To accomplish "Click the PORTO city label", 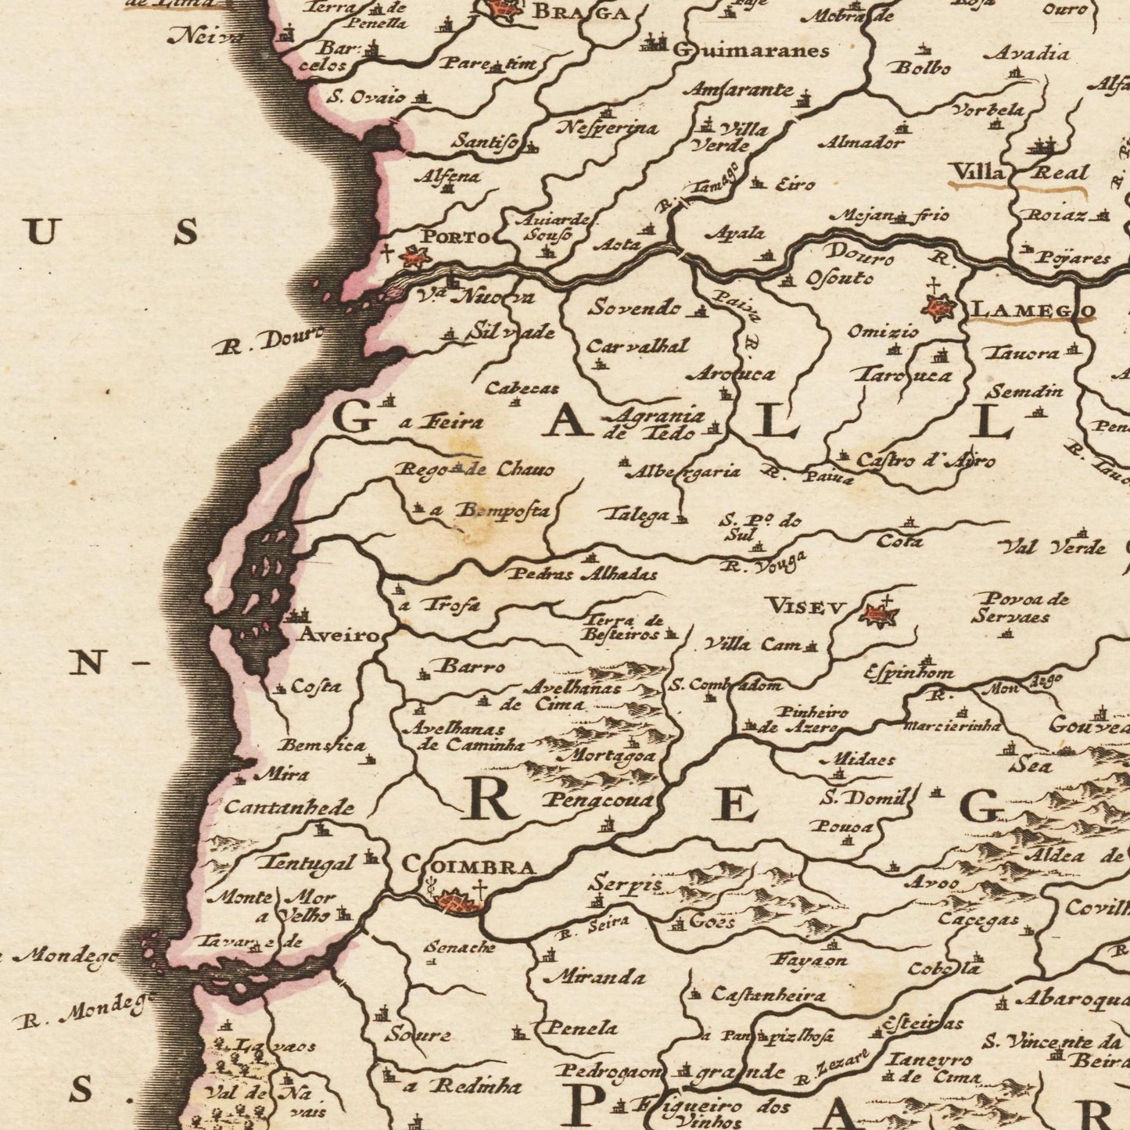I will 456,236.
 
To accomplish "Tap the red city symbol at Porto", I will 412,256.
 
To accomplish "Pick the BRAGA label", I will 579,13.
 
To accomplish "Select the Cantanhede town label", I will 289,808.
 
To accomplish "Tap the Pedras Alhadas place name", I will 583,574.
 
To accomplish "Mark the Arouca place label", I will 731,374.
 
